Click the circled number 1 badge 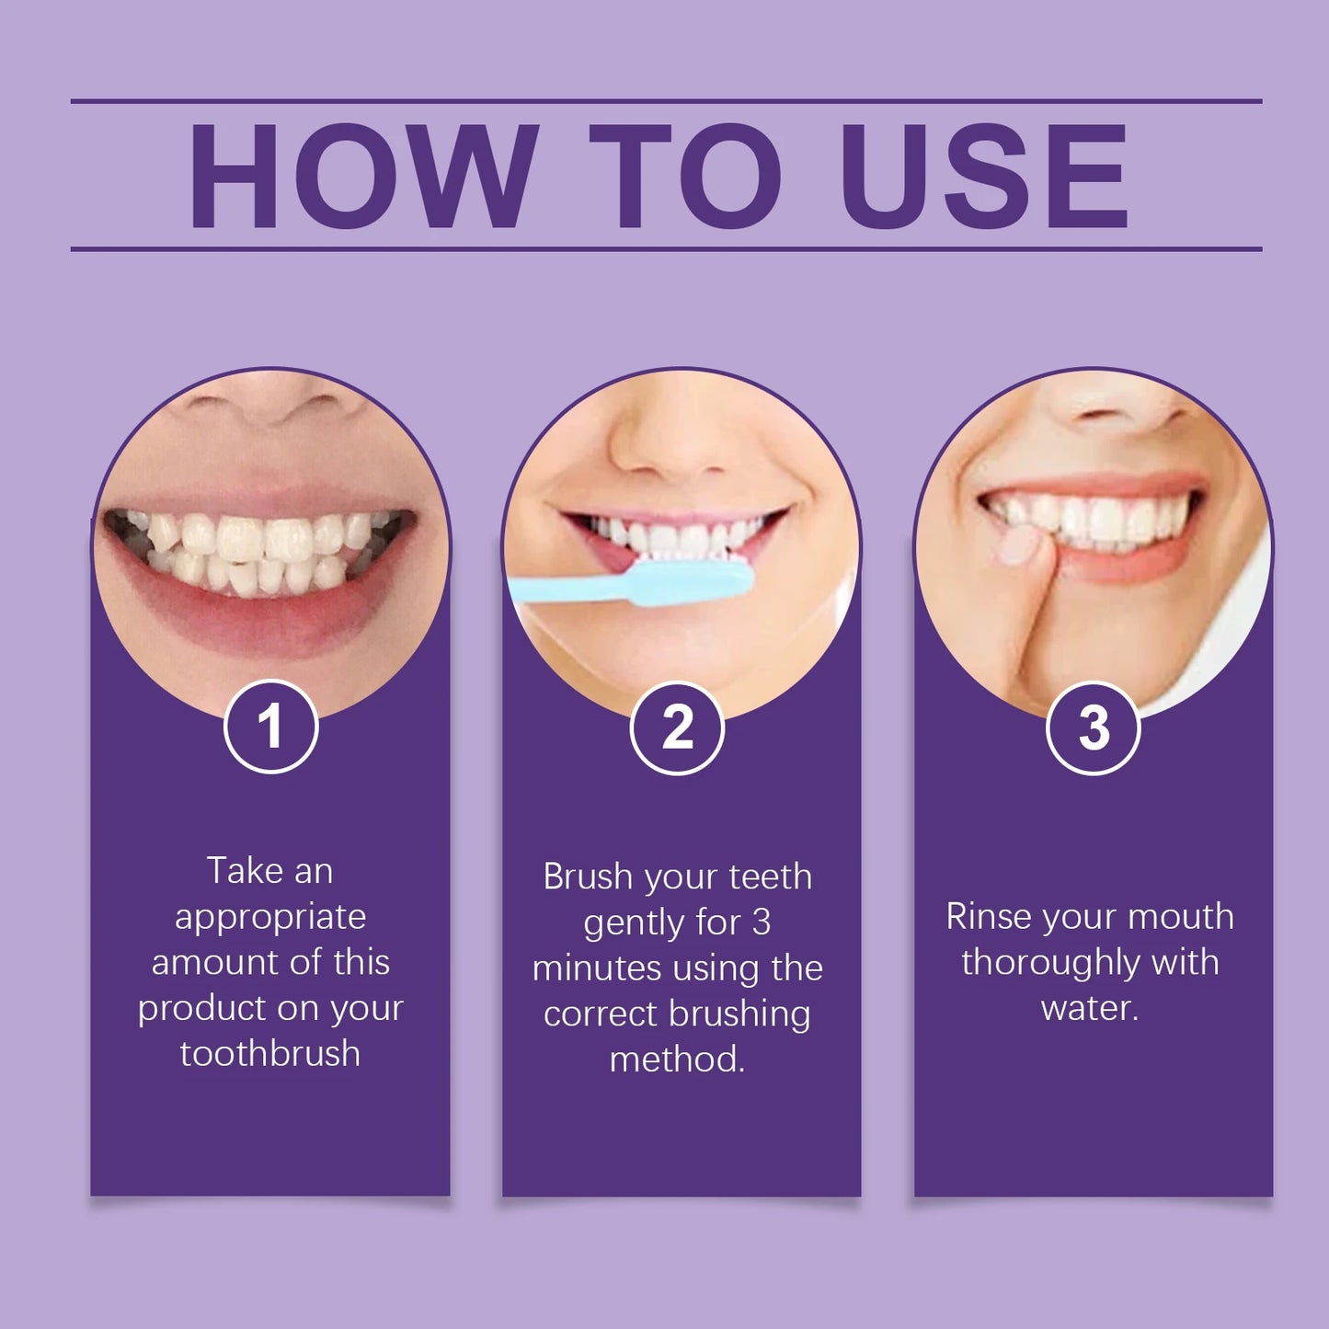pyautogui.click(x=270, y=727)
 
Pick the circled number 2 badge pyautogui.click(x=677, y=728)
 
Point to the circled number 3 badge pyautogui.click(x=1094, y=728)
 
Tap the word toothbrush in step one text pyautogui.click(x=270, y=1054)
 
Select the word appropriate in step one pyautogui.click(x=270, y=917)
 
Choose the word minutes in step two pyautogui.click(x=596, y=968)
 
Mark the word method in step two pyautogui.click(x=676, y=1060)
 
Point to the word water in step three pyautogui.click(x=1088, y=1008)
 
